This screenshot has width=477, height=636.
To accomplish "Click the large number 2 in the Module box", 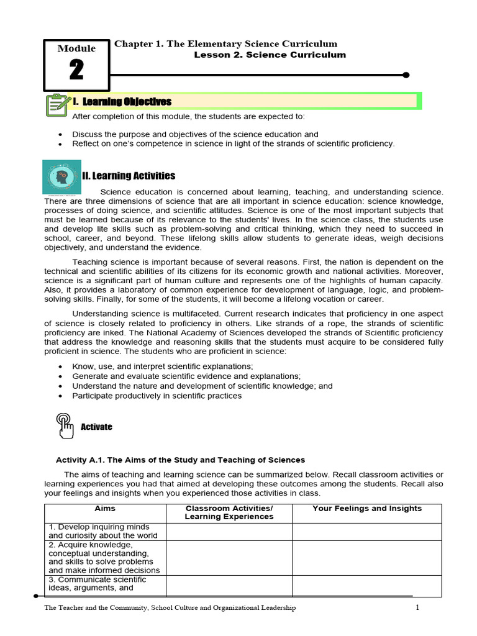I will pos(76,70).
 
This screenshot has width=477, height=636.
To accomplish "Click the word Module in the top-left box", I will pos(76,48).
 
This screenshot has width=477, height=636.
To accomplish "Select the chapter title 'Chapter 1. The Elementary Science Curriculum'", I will pos(226,43).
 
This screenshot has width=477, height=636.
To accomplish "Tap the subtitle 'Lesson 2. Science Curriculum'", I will pos(270,55).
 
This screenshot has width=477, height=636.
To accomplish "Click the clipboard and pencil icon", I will pos(57,104).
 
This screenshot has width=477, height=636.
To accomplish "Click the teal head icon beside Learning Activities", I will pos(61,176).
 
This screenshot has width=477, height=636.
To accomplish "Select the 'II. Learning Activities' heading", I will pos(129,176).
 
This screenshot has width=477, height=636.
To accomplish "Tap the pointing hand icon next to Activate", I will pos(65,425).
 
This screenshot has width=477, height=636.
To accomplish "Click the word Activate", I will pos(96,427).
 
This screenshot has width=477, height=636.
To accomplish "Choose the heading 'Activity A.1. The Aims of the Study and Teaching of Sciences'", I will pos(180,460).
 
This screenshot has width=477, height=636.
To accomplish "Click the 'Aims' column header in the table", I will pos(104,508).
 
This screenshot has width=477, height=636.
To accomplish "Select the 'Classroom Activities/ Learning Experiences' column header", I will pos(229,512).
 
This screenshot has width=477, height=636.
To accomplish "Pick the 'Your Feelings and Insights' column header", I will pos(366,508).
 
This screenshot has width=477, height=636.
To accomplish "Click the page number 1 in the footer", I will pos(418,607).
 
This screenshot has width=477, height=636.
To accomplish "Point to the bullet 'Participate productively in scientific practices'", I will pos(157,396).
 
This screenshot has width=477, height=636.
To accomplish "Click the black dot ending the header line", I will pos(406,75).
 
